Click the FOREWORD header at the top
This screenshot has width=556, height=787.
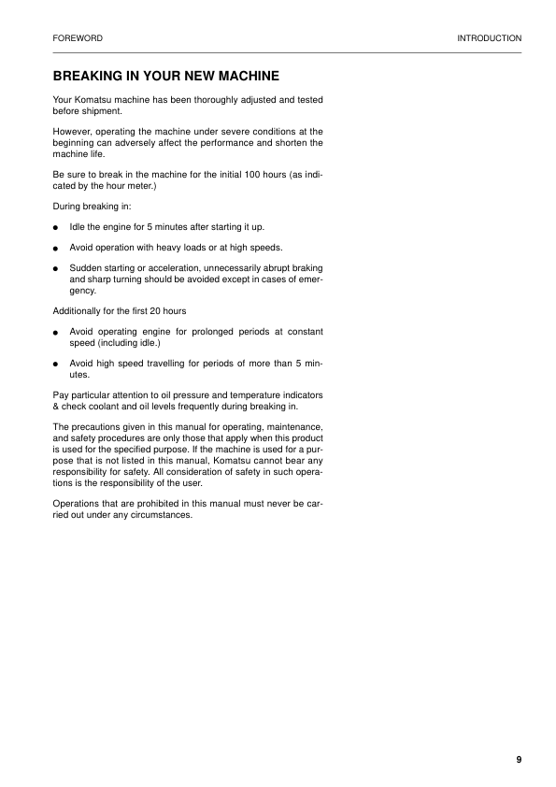pos(78,38)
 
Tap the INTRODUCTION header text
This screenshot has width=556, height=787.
pos(489,38)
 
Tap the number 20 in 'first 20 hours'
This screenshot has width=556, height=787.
pos(154,309)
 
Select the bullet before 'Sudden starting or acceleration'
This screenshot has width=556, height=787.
pos(57,270)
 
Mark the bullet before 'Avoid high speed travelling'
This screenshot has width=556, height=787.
pos(57,364)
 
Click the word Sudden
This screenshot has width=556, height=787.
pos(86,269)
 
